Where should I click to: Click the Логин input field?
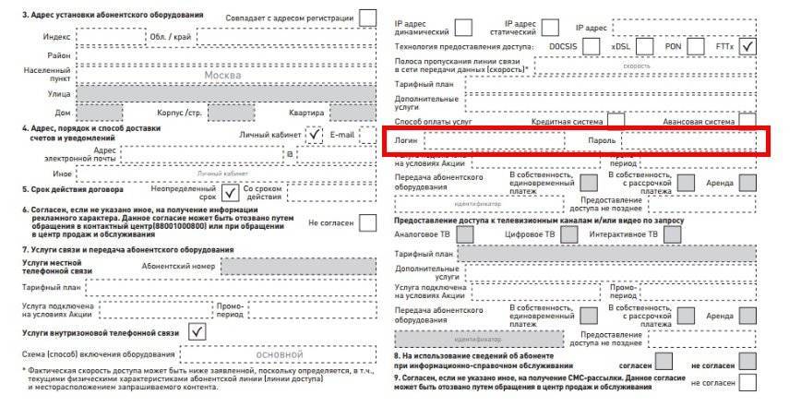[493, 140]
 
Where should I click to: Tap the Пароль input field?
[687, 140]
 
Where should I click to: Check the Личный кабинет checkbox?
[317, 135]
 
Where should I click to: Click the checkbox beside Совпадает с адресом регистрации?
[368, 18]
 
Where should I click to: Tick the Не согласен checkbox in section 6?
[368, 222]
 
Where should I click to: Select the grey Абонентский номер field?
[299, 266]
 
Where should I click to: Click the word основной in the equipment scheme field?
[278, 354]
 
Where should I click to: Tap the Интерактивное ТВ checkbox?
[672, 234]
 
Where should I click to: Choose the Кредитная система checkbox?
[616, 121]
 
